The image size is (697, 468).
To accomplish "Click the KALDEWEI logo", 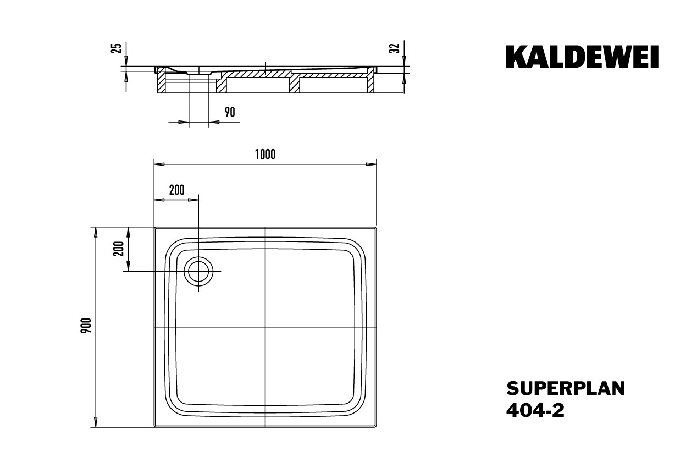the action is (582, 57).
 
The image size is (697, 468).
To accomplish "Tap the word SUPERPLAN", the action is (566, 388).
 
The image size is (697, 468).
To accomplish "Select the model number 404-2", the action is (535, 410).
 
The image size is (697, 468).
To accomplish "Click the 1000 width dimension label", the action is (265, 155).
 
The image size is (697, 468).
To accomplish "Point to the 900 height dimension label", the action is (86, 326).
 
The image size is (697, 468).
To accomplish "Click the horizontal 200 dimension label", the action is (177, 190).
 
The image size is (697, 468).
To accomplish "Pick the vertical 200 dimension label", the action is (119, 249).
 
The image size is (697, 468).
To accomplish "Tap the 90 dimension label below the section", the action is (230, 112).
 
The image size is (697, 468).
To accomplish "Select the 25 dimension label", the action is (117, 48).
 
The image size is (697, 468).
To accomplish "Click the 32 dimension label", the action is (395, 48).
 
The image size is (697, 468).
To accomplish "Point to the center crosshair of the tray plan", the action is (265, 327).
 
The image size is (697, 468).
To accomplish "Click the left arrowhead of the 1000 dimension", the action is (159, 164).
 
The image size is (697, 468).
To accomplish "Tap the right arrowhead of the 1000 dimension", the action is (372, 164).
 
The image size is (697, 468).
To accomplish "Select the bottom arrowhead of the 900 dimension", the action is (96, 422).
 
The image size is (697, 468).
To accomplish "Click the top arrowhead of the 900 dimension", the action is (96, 232).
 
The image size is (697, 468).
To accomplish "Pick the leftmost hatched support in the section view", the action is (162, 82).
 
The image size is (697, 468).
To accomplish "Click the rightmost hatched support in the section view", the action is (371, 82).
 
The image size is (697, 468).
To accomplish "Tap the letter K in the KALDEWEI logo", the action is (516, 57).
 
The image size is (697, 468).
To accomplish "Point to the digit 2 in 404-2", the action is (559, 410).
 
